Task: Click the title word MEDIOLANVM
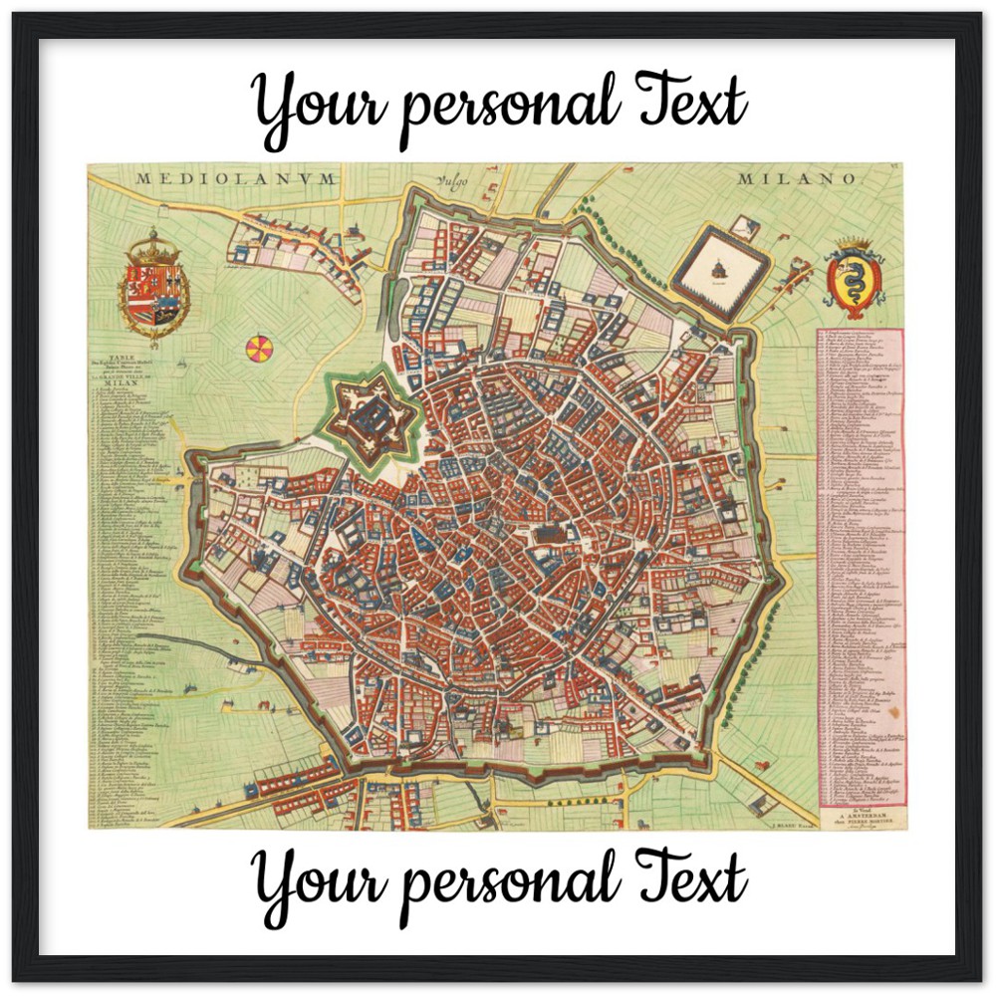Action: click(237, 178)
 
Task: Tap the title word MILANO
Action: click(797, 178)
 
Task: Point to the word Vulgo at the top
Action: click(450, 181)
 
